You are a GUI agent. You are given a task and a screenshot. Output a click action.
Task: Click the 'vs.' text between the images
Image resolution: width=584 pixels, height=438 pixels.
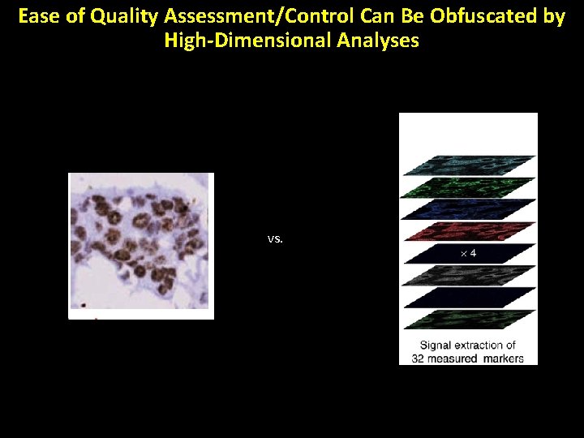pyautogui.click(x=275, y=239)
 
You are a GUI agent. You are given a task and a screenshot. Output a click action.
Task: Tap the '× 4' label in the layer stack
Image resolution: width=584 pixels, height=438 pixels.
pyautogui.click(x=468, y=254)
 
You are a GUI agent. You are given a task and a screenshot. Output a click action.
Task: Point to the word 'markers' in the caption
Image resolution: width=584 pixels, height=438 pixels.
pyautogui.click(x=500, y=358)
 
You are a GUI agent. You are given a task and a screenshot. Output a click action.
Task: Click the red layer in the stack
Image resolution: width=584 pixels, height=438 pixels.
pyautogui.click(x=468, y=231)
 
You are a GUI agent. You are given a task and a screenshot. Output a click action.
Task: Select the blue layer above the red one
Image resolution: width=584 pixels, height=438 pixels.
pyautogui.click(x=468, y=209)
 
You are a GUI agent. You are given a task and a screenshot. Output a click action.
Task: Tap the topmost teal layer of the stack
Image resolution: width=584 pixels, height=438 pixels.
pyautogui.click(x=468, y=165)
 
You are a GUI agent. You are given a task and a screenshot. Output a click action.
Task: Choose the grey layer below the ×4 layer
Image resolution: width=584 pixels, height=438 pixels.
pyautogui.click(x=468, y=276)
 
